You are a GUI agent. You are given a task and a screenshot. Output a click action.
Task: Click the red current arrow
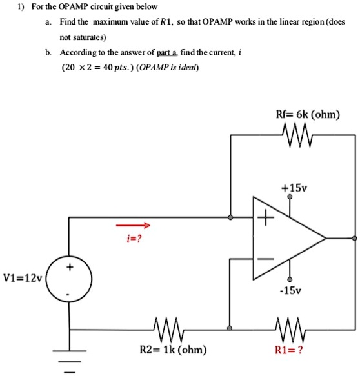tap(132, 226)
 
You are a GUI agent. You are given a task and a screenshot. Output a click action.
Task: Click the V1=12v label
tap(22, 279)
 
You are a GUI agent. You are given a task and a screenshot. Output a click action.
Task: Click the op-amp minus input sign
tap(263, 259)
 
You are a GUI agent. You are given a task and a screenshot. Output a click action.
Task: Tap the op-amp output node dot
tap(354, 239)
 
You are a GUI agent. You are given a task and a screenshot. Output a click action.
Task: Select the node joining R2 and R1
tap(230, 327)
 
